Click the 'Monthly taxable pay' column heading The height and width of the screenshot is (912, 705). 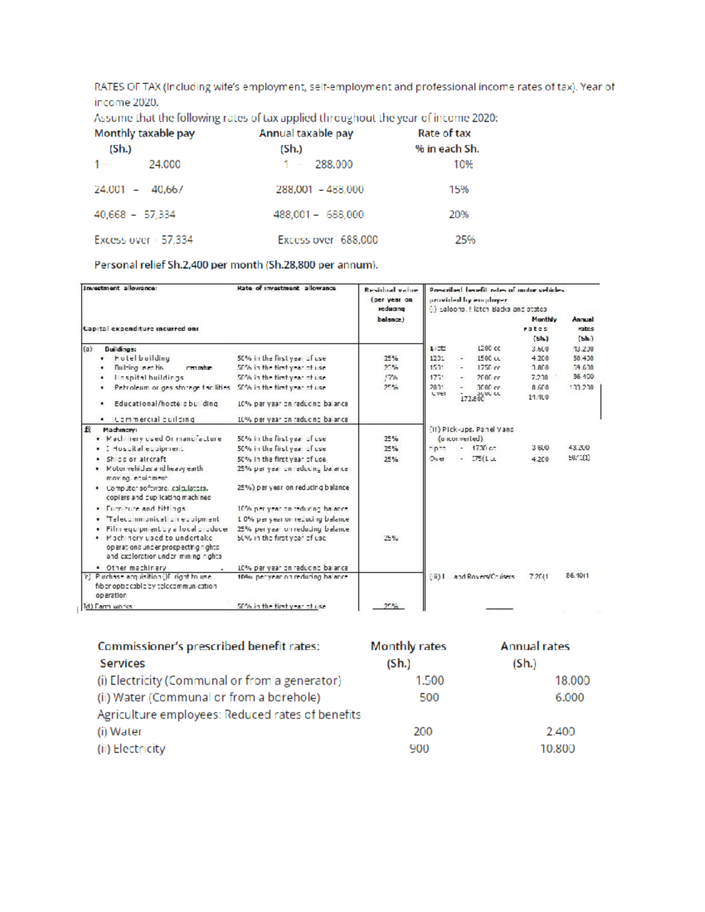(145, 133)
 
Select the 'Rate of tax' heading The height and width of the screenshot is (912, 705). (444, 133)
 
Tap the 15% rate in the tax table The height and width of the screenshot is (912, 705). (459, 190)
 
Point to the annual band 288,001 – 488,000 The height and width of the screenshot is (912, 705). (320, 190)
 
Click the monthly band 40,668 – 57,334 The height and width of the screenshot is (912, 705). (135, 214)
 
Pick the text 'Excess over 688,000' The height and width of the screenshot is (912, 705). (327, 240)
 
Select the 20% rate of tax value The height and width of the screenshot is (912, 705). (459, 214)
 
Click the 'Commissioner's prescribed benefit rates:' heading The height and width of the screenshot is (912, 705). (209, 646)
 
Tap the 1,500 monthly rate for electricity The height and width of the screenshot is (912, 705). (429, 681)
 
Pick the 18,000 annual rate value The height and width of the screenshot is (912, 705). (572, 681)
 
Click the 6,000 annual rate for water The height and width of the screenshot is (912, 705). (569, 698)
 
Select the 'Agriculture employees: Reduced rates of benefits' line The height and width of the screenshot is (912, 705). (229, 715)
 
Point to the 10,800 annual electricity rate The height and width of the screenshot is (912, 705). (557, 749)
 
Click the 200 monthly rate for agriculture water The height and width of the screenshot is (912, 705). (422, 732)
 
